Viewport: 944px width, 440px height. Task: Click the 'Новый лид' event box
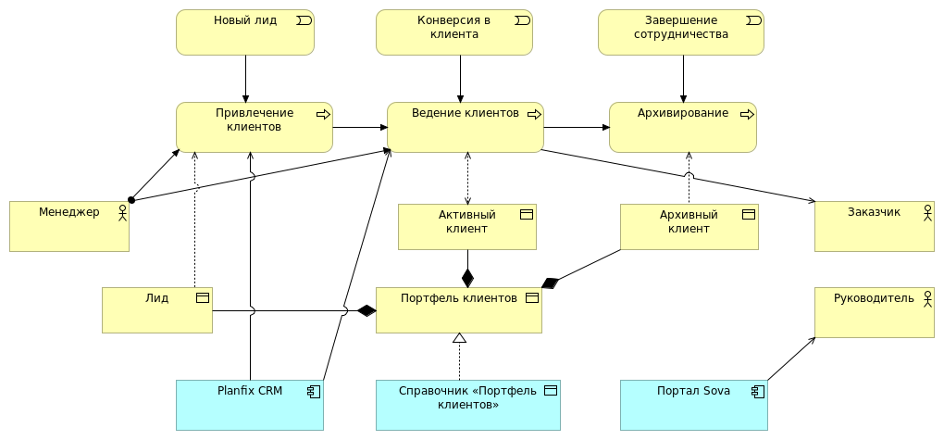click(x=245, y=32)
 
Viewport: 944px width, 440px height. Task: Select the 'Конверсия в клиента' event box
click(x=453, y=32)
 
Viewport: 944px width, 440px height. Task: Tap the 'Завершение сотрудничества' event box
click(x=681, y=32)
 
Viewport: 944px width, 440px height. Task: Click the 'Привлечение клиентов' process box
click(x=254, y=127)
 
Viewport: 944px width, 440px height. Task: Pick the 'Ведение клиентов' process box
click(x=465, y=127)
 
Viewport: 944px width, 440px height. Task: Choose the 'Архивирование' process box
click(x=682, y=127)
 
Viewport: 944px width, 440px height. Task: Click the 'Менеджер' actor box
click(x=68, y=225)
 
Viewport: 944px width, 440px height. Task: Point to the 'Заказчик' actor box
click(x=874, y=225)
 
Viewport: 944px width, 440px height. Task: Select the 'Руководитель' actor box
click(x=874, y=312)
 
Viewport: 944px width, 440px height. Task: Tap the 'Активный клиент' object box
click(x=466, y=227)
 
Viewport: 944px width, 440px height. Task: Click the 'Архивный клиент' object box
click(x=689, y=227)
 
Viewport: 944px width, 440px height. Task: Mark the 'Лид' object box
click(x=156, y=309)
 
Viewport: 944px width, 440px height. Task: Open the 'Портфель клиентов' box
click(x=458, y=309)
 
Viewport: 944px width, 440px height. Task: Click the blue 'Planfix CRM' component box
click(x=249, y=405)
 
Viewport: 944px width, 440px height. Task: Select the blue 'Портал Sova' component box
click(x=693, y=405)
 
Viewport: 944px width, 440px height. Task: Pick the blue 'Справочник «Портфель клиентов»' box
click(x=467, y=405)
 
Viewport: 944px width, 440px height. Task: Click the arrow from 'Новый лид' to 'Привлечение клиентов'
click(x=246, y=79)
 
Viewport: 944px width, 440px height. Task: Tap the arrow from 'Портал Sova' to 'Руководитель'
click(x=791, y=358)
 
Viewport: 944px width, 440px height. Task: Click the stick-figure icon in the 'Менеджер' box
click(x=121, y=212)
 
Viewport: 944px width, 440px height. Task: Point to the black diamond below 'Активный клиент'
click(x=467, y=277)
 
